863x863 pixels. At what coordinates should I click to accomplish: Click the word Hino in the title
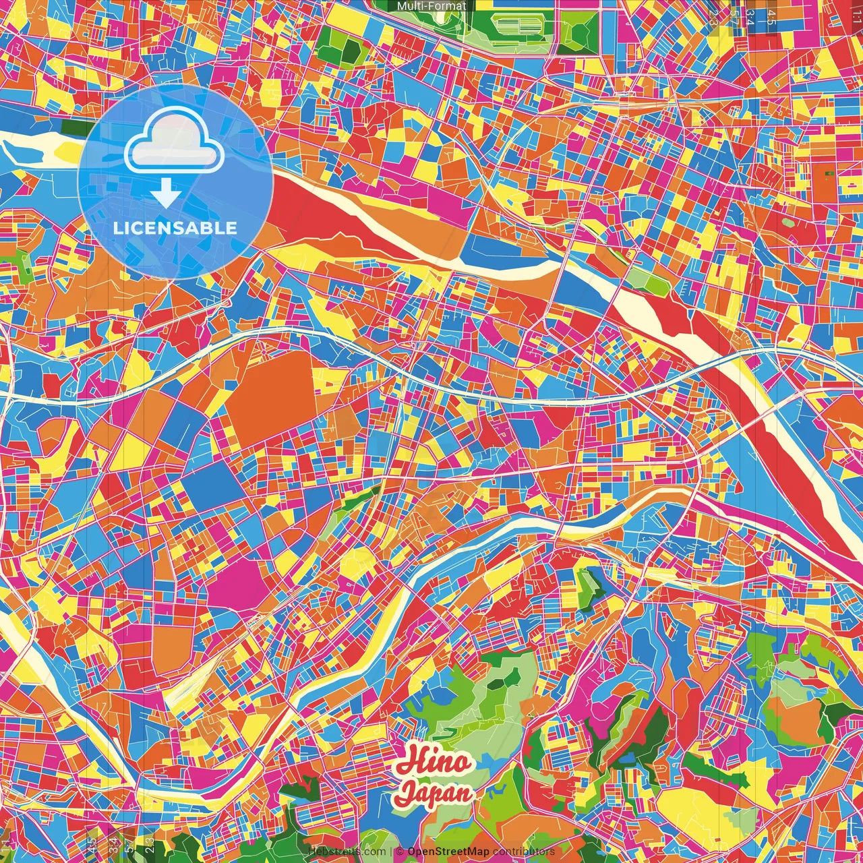click(434, 762)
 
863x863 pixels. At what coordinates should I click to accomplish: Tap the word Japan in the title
click(433, 793)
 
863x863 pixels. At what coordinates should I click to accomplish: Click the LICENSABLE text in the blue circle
click(175, 228)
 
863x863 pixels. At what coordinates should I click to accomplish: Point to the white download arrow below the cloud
click(166, 194)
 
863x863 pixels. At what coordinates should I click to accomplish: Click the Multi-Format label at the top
click(431, 6)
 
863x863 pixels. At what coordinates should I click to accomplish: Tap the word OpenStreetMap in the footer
click(448, 852)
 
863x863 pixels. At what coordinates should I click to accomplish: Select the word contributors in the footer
click(524, 852)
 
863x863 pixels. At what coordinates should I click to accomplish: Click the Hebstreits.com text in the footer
click(347, 852)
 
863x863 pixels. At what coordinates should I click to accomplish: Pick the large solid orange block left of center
click(270, 398)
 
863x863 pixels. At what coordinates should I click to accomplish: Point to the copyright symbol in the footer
click(400, 852)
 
